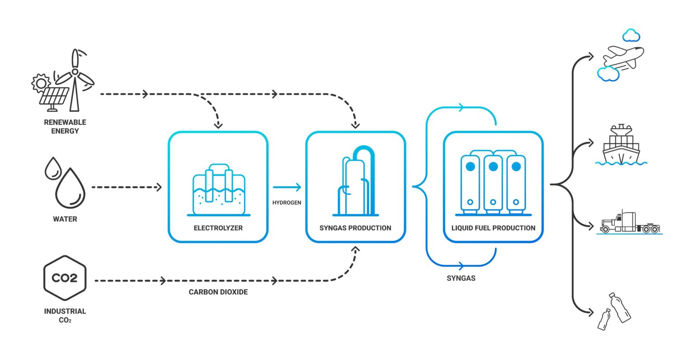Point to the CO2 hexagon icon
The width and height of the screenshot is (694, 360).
(x=65, y=278)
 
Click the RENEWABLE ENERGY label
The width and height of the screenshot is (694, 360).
(x=65, y=126)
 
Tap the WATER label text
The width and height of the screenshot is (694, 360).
(x=65, y=219)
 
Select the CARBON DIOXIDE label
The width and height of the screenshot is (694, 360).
(x=218, y=292)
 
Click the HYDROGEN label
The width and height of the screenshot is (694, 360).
(x=286, y=203)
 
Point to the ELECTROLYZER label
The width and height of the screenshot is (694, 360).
(x=218, y=228)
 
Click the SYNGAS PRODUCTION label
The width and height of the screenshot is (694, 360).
(x=355, y=228)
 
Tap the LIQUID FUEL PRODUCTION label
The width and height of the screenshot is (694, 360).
(x=493, y=228)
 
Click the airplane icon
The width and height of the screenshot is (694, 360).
(x=624, y=57)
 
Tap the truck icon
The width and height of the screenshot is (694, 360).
(x=630, y=223)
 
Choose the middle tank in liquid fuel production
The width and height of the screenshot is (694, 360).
(x=493, y=183)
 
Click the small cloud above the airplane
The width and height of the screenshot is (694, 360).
(x=631, y=35)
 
